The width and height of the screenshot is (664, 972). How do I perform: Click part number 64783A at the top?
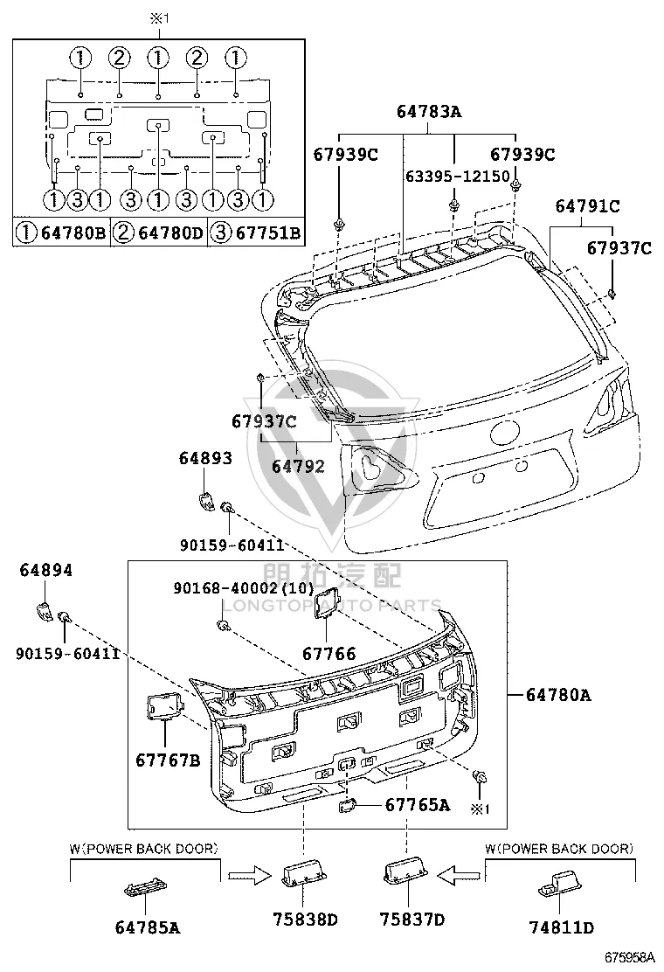point(429,112)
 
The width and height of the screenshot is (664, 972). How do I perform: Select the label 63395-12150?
point(457,176)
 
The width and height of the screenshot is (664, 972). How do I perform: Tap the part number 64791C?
point(587,205)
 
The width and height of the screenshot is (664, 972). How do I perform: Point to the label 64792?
point(298,466)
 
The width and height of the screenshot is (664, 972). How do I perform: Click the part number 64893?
point(205,458)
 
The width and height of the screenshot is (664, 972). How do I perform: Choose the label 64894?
point(45,570)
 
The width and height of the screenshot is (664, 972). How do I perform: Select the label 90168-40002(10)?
point(244,587)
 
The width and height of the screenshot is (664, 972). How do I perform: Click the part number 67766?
point(329,653)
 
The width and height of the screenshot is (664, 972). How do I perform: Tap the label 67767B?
point(168,760)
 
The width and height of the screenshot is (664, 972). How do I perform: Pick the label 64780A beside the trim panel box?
point(558,695)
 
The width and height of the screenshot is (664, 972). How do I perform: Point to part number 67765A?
point(418,805)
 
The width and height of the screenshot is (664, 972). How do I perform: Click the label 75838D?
point(306,920)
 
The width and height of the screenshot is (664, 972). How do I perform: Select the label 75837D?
point(412,920)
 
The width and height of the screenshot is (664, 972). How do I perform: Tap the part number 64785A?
point(148,927)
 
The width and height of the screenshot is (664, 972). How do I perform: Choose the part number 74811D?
point(561,927)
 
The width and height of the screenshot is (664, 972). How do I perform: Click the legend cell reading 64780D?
point(159,233)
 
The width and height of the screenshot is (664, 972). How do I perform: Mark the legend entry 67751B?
point(256,233)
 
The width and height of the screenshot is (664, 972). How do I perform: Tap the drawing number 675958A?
point(630,958)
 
